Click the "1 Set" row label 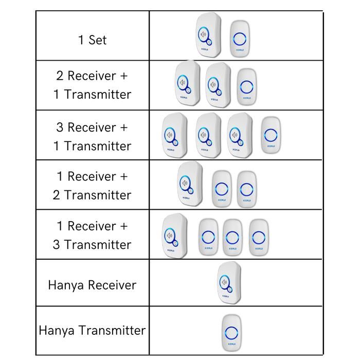[93, 40]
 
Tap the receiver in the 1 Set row [208, 35]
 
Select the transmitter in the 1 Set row [240, 39]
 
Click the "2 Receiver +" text [93, 76]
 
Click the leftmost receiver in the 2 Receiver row [187, 84]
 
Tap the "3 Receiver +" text [93, 127]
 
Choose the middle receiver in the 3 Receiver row [209, 135]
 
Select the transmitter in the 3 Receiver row [272, 135]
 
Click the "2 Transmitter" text [93, 195]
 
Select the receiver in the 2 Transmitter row [190, 184]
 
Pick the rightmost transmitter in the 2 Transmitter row [247, 188]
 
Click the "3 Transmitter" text [93, 244]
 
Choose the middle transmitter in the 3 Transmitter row [232, 237]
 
